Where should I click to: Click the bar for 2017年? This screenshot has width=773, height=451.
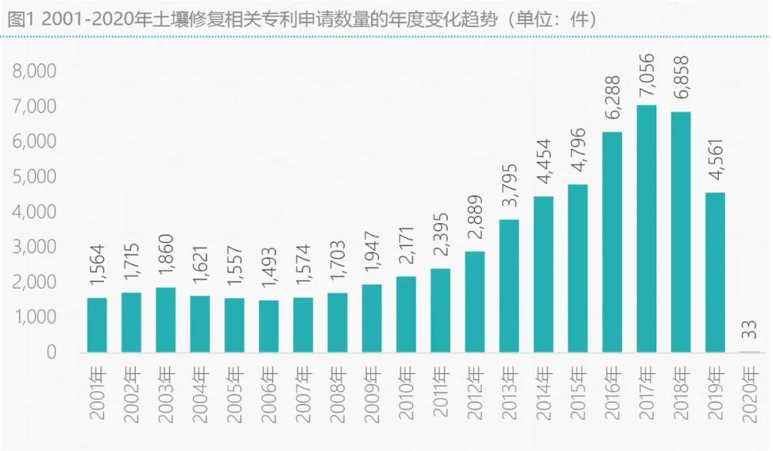pos(646,229)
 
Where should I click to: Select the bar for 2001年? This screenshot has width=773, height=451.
pos(97,325)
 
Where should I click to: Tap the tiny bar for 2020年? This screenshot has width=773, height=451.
pos(749,352)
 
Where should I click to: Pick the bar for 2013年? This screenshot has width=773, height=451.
pos(509,286)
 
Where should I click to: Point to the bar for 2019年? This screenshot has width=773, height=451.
pos(715,272)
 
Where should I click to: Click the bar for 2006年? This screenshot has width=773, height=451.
pos(269,327)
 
